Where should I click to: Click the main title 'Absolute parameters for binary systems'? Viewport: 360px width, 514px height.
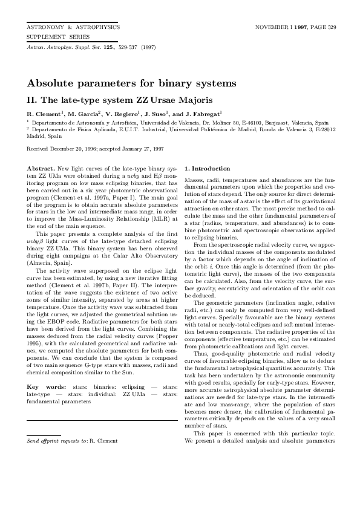(131, 83)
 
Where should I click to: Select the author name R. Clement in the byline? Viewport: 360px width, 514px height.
(45, 114)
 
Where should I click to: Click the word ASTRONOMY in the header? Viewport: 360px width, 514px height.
(45, 27)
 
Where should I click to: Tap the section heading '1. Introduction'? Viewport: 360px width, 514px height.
(207, 168)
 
